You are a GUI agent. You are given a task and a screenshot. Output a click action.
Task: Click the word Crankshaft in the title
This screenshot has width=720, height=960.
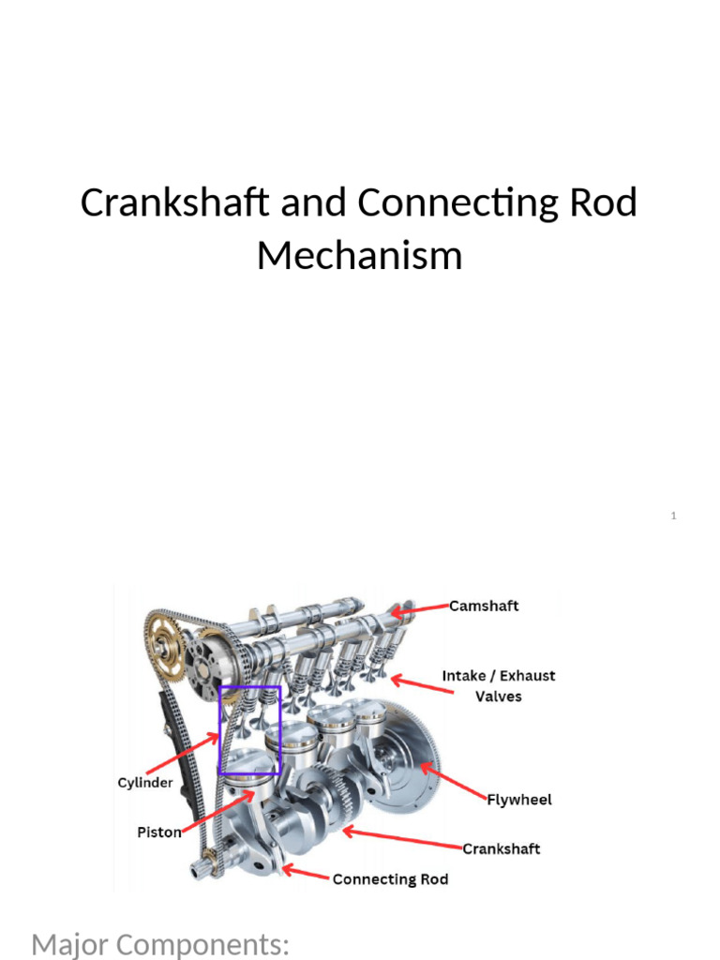174,202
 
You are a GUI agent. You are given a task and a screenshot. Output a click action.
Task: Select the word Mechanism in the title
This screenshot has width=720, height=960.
359,255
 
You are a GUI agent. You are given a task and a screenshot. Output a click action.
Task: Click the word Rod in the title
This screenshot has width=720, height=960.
604,202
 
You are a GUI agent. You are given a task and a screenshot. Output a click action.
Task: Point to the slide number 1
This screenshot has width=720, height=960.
673,516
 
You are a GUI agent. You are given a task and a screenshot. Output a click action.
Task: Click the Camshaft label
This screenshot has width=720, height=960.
484,606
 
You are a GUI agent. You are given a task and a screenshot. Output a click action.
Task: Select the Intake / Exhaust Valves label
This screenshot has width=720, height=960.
499,685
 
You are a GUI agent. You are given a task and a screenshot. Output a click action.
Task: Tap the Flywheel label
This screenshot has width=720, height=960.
519,800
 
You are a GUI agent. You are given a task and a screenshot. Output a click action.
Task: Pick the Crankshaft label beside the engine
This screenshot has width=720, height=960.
501,848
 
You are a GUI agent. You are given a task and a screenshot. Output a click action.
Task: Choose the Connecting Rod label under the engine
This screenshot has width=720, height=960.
390,879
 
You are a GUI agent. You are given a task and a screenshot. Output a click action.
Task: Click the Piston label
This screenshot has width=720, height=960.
159,832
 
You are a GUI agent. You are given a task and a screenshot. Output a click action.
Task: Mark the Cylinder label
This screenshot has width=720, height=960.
145,783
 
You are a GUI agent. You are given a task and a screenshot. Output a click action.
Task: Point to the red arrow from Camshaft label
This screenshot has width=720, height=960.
420,609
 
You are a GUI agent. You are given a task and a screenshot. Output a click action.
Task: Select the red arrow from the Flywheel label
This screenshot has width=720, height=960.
454,781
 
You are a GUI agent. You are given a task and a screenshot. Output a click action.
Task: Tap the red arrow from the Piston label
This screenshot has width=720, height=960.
217,811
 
